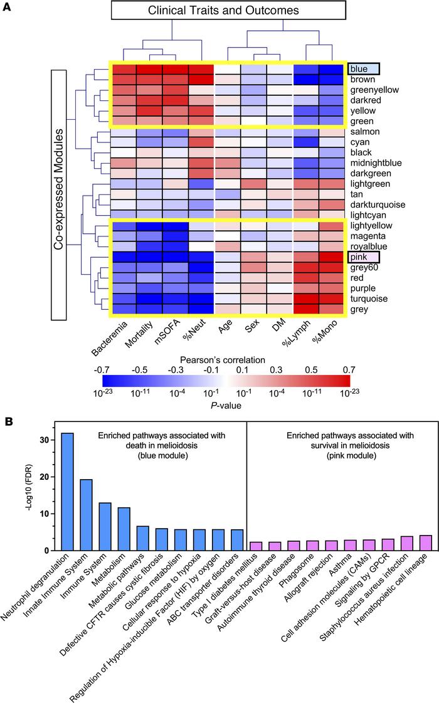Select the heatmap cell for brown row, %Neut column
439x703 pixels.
(201, 79)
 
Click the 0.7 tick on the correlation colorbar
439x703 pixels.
(348, 369)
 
